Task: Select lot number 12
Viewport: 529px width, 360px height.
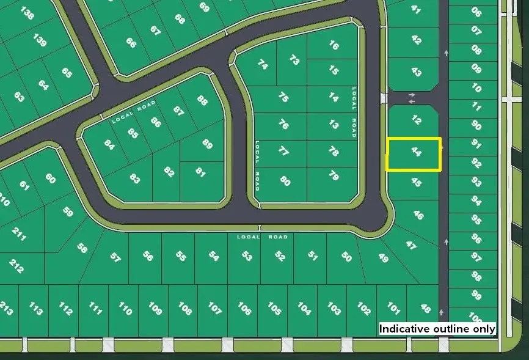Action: point(416,120)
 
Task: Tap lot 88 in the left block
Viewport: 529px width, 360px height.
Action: point(202,100)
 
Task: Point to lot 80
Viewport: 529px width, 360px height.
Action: point(285,180)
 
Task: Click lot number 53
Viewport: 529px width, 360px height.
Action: point(246,255)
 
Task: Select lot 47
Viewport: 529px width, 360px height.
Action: point(411,245)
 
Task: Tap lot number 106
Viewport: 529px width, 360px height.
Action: point(244,309)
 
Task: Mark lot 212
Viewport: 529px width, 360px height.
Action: point(17,266)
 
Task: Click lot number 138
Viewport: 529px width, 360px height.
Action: point(27,14)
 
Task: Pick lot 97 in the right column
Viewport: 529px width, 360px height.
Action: point(476,257)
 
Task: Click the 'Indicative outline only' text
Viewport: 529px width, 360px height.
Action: point(437,329)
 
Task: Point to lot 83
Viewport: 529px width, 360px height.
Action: point(135,179)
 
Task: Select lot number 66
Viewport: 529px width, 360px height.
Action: point(131,43)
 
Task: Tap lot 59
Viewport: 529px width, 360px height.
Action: point(67,213)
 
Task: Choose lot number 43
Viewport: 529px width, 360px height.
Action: point(416,72)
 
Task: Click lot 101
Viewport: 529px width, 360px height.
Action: point(393,308)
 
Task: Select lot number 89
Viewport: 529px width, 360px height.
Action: point(207,144)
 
